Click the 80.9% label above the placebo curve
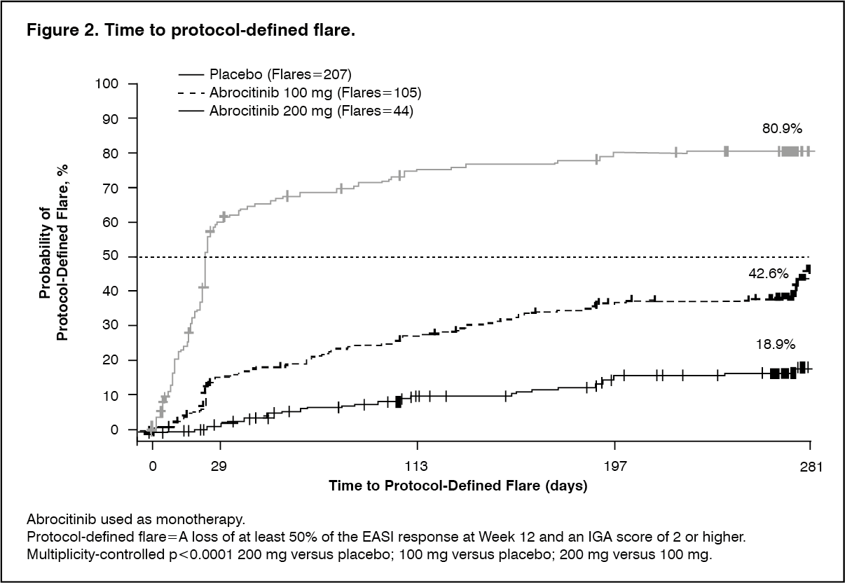coord(782,129)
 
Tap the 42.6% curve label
coord(767,275)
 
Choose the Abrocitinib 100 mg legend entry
coord(315,92)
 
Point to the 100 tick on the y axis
coord(109,84)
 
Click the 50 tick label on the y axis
coord(111,256)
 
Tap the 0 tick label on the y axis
coord(115,429)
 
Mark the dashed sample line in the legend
coord(191,92)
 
